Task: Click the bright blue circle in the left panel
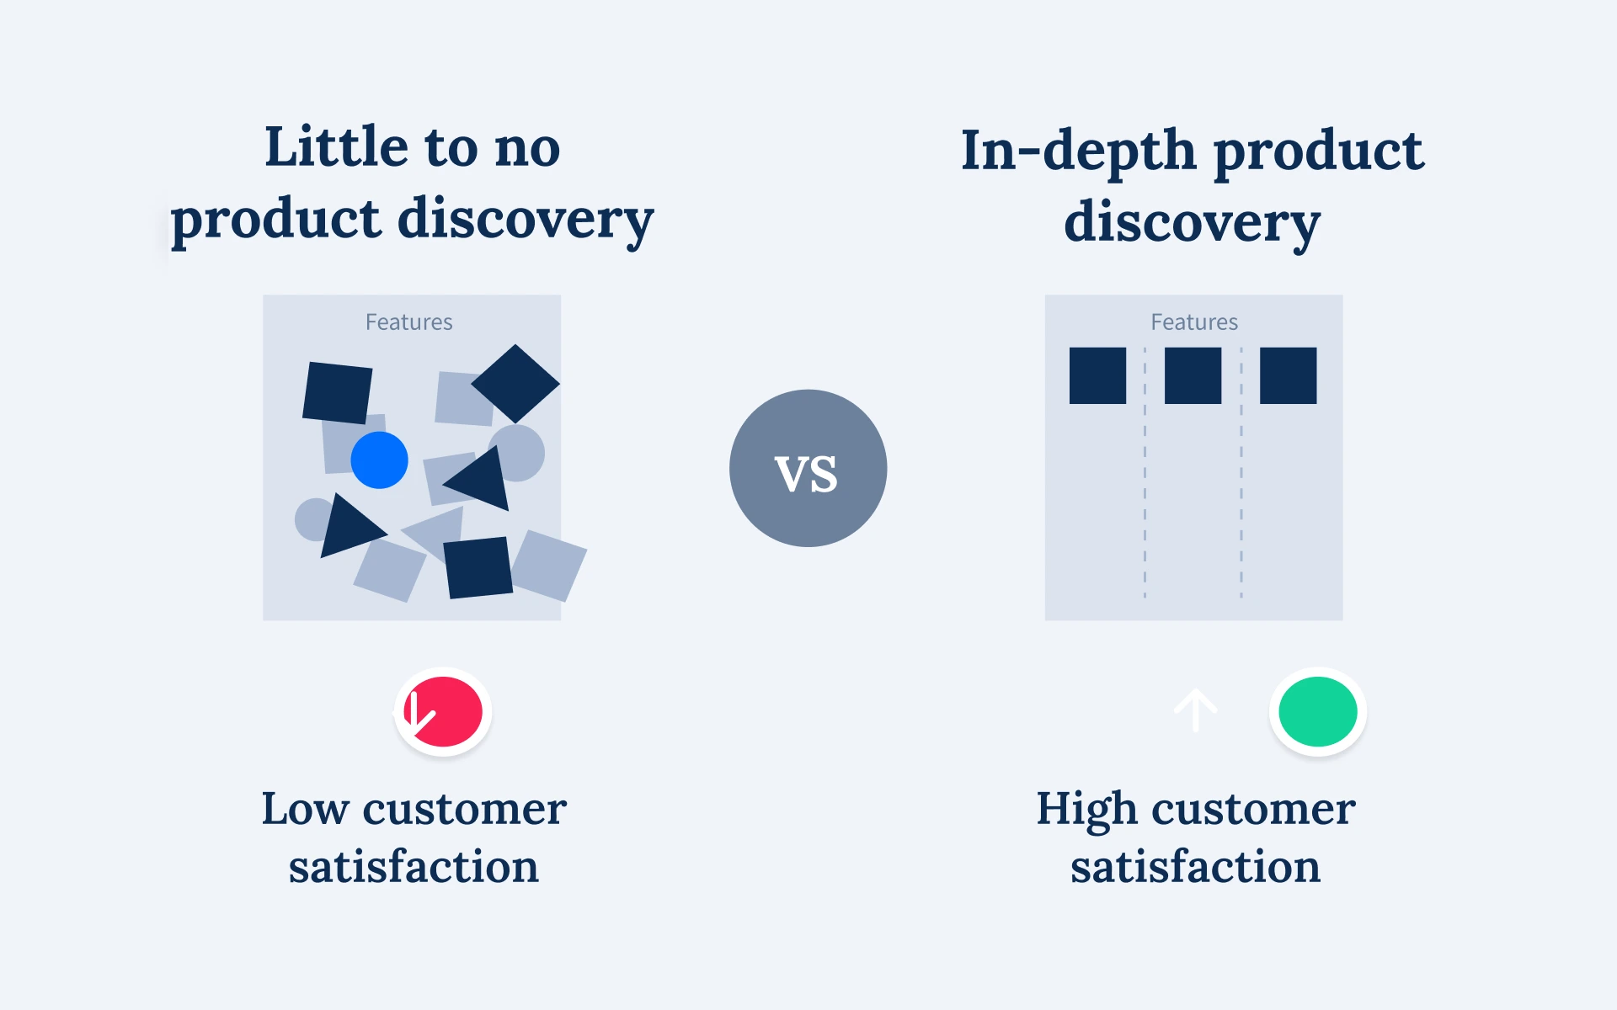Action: [x=379, y=460]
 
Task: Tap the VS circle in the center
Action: [x=808, y=468]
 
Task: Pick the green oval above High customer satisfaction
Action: [x=1317, y=711]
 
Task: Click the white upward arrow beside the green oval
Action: [x=1196, y=710]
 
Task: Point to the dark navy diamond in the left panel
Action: [x=515, y=384]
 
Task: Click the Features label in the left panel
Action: [x=408, y=322]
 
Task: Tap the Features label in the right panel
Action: [x=1194, y=322]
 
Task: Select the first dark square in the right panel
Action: [x=1097, y=375]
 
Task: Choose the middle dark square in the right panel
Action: [x=1193, y=375]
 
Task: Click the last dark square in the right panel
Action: [x=1288, y=375]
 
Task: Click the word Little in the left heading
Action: [x=337, y=147]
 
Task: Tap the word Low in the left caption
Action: [x=304, y=809]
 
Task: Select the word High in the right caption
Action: [x=1086, y=810]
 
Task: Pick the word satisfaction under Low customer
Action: [x=414, y=867]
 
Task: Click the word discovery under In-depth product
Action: [x=1192, y=223]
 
